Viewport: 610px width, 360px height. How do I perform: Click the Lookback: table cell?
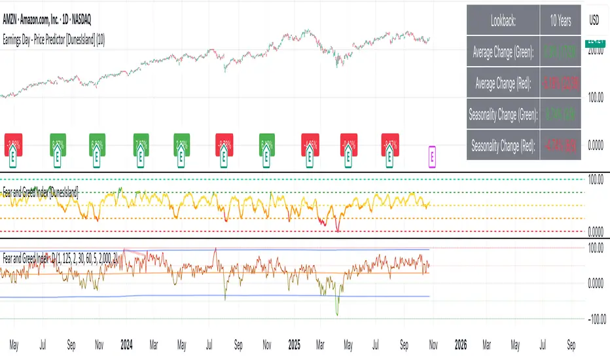[503, 21]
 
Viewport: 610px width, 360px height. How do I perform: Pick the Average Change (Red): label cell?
[503, 84]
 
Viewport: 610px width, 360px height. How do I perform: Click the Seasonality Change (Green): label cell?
[503, 115]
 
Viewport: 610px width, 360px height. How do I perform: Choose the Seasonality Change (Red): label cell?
[503, 145]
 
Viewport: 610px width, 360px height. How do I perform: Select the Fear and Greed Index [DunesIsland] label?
[42, 192]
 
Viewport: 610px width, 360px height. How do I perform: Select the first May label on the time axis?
[14, 343]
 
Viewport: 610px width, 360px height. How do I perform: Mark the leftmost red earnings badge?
[13, 145]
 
